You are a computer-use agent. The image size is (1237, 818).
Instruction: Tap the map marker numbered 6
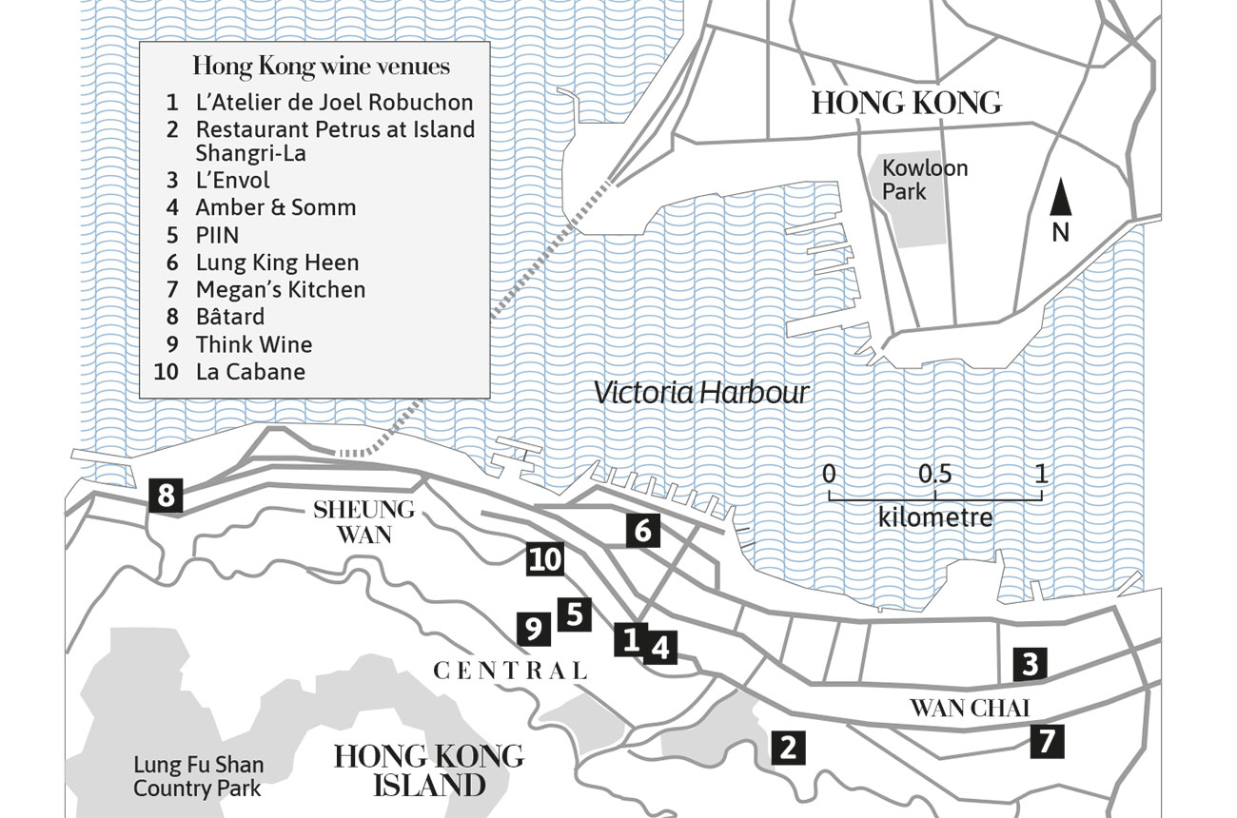[643, 530]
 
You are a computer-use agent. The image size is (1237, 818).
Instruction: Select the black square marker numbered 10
[545, 559]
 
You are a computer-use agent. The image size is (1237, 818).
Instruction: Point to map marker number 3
[1030, 664]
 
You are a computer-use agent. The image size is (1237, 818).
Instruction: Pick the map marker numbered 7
[1047, 741]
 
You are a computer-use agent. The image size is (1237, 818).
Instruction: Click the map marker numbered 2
[787, 747]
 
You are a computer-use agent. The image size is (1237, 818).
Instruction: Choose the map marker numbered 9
[533, 628]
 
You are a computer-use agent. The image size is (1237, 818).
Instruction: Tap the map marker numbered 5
[574, 613]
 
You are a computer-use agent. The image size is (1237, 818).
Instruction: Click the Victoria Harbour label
[701, 393]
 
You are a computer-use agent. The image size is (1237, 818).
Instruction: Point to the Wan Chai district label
[970, 708]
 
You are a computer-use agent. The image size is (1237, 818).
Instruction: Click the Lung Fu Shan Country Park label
[198, 776]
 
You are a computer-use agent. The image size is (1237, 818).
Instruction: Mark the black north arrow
[1061, 200]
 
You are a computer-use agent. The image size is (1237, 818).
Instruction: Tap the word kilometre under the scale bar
[935, 518]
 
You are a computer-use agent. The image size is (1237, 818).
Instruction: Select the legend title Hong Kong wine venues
[321, 67]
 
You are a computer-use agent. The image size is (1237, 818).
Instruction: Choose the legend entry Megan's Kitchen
[281, 289]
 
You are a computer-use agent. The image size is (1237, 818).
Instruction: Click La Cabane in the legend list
[250, 371]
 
